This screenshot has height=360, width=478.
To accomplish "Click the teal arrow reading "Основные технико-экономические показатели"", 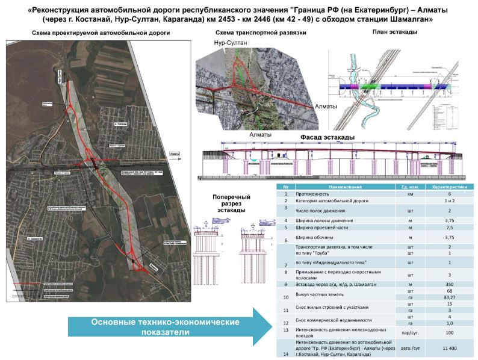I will point(165,327).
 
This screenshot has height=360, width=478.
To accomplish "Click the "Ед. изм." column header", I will point(409,187).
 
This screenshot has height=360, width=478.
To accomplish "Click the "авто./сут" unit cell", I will point(409,348).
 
